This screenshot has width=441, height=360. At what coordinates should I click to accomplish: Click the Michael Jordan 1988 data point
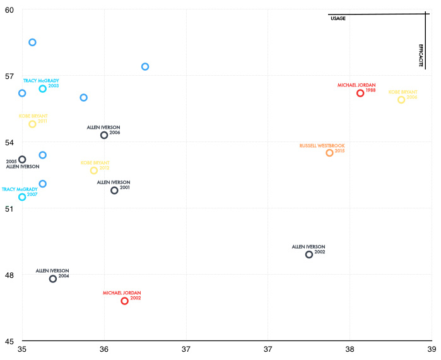[x=360, y=93]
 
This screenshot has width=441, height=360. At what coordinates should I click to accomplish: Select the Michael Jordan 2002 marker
[x=125, y=301]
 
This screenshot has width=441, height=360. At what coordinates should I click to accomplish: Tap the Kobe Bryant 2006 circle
[x=401, y=100]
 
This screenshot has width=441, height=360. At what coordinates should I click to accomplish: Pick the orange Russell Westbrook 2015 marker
[x=329, y=153]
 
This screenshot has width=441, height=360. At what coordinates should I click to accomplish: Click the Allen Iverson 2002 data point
[x=309, y=255]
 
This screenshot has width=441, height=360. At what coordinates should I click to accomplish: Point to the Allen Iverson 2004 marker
[x=53, y=279]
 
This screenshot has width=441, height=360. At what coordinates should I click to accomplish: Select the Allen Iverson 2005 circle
[x=22, y=159]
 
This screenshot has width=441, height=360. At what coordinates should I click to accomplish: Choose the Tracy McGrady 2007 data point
[x=22, y=197]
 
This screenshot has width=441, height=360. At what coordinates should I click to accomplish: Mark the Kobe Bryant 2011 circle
[x=33, y=124]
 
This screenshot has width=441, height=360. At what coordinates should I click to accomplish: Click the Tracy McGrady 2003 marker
[x=43, y=89]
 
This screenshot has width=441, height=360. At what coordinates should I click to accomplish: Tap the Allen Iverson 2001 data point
[x=114, y=190]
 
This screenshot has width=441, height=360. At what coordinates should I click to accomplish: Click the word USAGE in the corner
[x=338, y=19]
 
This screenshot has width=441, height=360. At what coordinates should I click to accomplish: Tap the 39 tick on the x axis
[x=431, y=349]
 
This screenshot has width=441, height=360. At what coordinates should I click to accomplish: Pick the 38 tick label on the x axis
[x=350, y=349]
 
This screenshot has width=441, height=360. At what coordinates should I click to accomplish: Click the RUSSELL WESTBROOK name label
[x=322, y=146]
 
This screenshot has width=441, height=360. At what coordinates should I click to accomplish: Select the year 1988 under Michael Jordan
[x=370, y=90]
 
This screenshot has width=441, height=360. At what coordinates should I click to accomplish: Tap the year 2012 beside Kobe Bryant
[x=104, y=168]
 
